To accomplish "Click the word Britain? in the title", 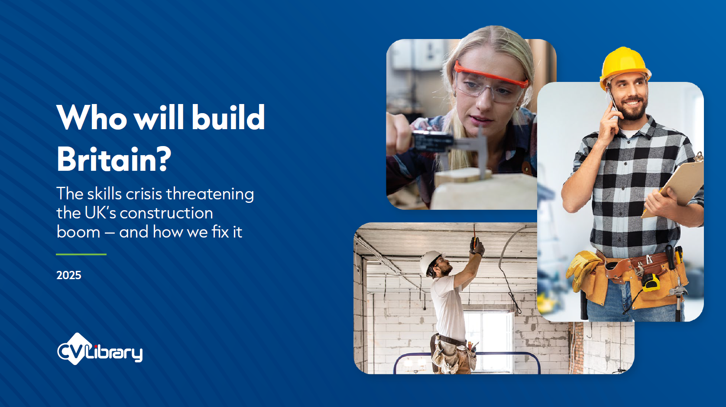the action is [114, 159].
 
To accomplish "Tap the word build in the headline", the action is [228, 117].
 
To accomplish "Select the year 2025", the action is [69, 275].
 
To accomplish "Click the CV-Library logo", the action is [100, 349].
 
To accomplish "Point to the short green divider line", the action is [81, 254].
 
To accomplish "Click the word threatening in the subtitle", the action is [210, 194].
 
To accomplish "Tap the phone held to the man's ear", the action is [612, 103].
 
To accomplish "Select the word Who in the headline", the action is [92, 117].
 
